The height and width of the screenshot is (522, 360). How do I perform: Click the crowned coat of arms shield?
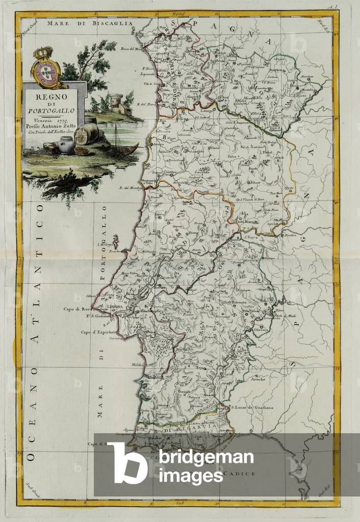(x=46, y=68)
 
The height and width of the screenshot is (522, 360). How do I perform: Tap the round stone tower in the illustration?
(x=117, y=102)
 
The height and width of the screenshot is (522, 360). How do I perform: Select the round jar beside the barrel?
(x=66, y=145)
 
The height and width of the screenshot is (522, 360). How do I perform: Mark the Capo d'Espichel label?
(x=97, y=332)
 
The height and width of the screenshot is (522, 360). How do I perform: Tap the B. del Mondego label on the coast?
(x=130, y=188)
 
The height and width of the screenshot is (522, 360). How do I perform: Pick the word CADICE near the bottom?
(x=241, y=474)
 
